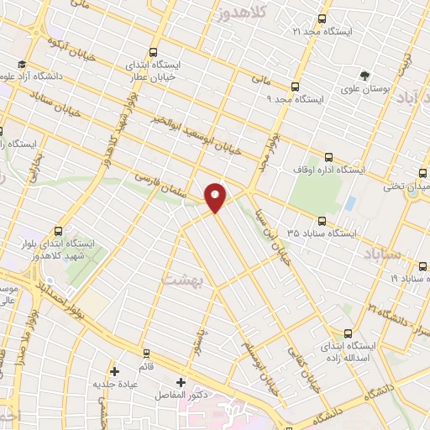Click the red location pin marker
click(216, 196)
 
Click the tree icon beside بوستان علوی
click(364, 75)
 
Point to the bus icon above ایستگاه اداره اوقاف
click(328, 156)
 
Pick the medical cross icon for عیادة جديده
click(114, 370)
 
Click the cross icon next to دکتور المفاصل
click(181, 382)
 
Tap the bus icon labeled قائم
click(147, 353)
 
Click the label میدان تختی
click(406, 186)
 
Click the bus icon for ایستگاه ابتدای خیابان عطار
click(152, 50)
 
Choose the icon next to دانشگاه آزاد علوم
click(21, 65)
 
